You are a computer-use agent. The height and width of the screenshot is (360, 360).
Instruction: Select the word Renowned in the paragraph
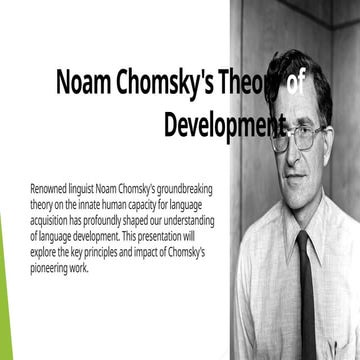point(52,188)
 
